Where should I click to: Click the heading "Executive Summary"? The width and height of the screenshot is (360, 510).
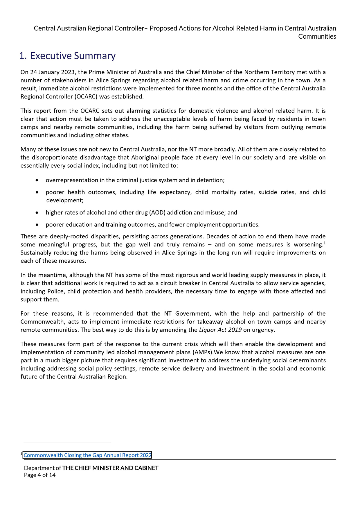pyautogui.click(x=73, y=56)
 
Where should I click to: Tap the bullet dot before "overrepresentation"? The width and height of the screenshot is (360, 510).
pyautogui.click(x=37, y=180)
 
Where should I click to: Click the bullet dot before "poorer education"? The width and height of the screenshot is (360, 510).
pyautogui.click(x=37, y=225)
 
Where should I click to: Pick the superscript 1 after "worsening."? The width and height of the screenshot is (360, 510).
pyautogui.click(x=324, y=243)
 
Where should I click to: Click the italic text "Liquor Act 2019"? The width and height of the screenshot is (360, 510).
pyautogui.click(x=220, y=330)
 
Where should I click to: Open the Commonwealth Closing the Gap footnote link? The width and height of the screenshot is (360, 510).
pyautogui.click(x=87, y=455)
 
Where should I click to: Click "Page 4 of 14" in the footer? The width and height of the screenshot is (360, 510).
pyautogui.click(x=40, y=475)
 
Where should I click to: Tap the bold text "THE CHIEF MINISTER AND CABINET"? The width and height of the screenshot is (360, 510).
pyautogui.click(x=110, y=468)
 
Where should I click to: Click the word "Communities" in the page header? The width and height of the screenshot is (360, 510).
pyautogui.click(x=317, y=36)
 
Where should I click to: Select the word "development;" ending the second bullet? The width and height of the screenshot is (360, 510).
pyautogui.click(x=65, y=200)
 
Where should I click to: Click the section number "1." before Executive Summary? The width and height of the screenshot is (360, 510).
pyautogui.click(x=23, y=56)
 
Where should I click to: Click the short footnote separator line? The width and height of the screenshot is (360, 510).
pyautogui.click(x=67, y=442)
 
